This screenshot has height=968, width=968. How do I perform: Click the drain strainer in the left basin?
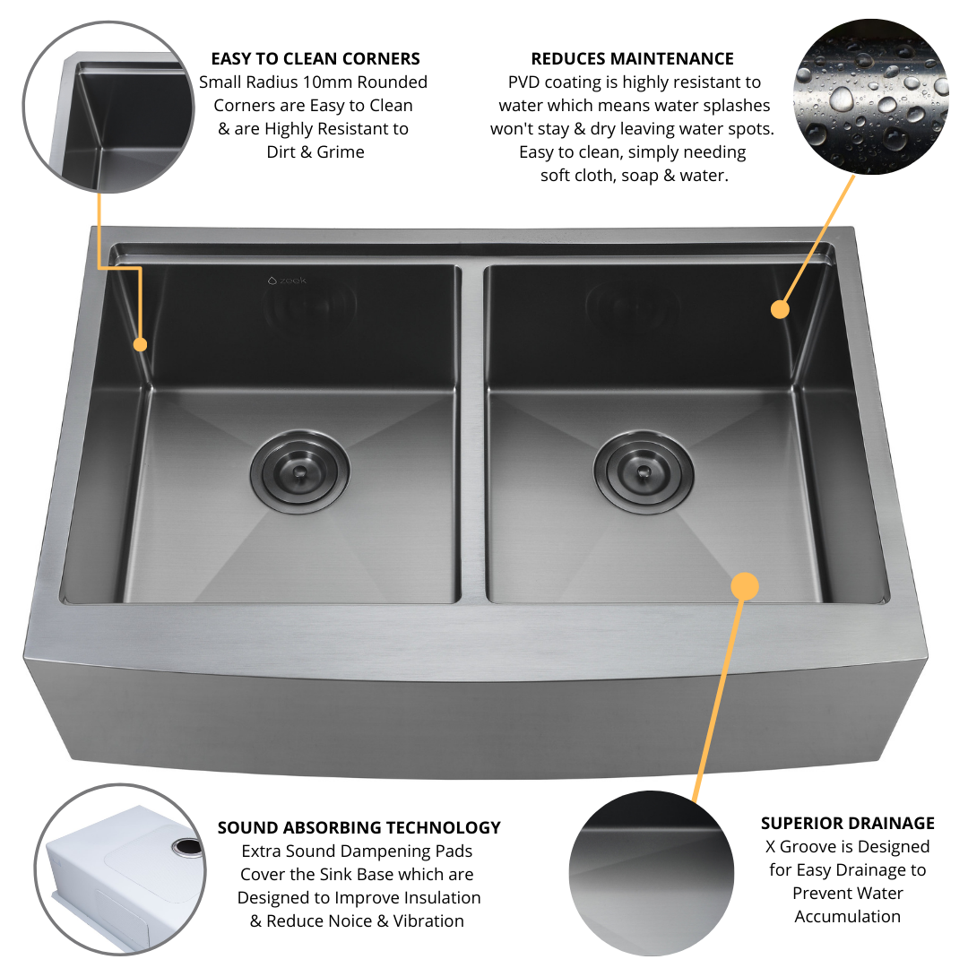pyautogui.click(x=300, y=471)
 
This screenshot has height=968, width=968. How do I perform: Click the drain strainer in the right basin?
pyautogui.click(x=644, y=471)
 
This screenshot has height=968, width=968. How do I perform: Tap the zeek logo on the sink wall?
pyautogui.click(x=287, y=281)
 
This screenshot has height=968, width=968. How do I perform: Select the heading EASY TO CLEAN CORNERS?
pyautogui.click(x=315, y=58)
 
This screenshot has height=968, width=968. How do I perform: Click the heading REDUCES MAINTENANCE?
pyautogui.click(x=632, y=58)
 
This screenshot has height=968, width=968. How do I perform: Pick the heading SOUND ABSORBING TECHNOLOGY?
pyautogui.click(x=359, y=827)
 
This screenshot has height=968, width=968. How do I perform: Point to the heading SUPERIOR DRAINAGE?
pyautogui.click(x=848, y=823)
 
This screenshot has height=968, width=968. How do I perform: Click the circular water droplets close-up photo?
pyautogui.click(x=870, y=96)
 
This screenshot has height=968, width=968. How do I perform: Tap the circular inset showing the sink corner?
pyautogui.click(x=108, y=107)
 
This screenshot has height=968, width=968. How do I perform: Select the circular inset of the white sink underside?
pyautogui.click(x=120, y=869)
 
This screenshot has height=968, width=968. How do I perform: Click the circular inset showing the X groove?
pyautogui.click(x=652, y=873)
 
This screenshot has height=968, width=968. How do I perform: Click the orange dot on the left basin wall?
pyautogui.click(x=140, y=344)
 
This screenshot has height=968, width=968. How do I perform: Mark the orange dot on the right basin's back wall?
pyautogui.click(x=781, y=309)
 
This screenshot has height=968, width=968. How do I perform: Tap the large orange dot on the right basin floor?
pyautogui.click(x=745, y=586)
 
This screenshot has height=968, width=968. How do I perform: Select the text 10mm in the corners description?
pyautogui.click(x=327, y=82)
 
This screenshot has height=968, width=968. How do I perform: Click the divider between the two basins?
pyautogui.click(x=473, y=432)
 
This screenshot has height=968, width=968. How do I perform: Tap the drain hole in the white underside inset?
pyautogui.click(x=187, y=847)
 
